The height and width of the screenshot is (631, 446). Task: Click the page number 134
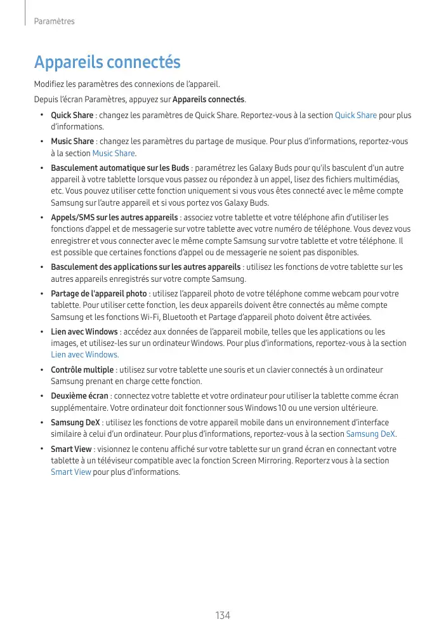[x=223, y=616]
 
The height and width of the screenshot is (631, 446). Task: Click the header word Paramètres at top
[x=54, y=22]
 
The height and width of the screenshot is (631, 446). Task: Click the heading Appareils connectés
[x=107, y=63]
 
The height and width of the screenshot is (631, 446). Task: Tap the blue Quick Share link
[x=355, y=116]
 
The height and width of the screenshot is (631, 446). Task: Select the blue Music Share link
[x=114, y=153]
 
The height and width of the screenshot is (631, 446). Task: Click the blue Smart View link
[x=70, y=472]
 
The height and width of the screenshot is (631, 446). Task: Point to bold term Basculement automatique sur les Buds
[x=120, y=168]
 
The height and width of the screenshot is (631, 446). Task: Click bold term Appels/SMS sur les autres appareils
[x=114, y=218]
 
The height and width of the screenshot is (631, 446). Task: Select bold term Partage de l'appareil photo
[x=99, y=294]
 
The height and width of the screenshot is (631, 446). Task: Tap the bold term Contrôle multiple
[x=82, y=369]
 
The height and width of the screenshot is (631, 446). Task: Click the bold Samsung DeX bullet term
[x=75, y=423]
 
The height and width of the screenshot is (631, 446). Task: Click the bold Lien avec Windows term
[x=84, y=332]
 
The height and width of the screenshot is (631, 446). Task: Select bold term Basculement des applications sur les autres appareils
[x=145, y=267]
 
